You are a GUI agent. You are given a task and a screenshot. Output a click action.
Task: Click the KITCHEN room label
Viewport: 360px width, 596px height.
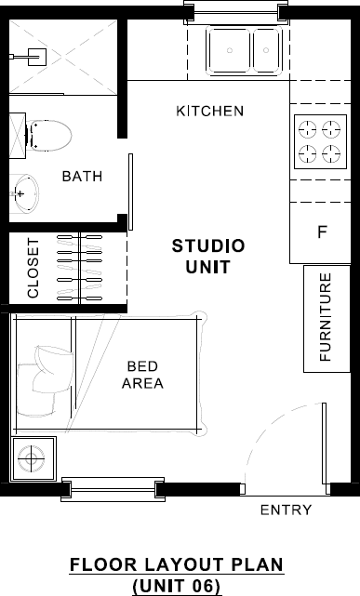tap(209, 112)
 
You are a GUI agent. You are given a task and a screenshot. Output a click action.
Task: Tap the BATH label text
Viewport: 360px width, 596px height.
tap(82, 177)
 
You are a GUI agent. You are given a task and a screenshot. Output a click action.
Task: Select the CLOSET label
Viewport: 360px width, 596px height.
tap(33, 269)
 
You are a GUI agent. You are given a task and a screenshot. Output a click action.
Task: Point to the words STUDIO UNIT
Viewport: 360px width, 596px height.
tap(208, 257)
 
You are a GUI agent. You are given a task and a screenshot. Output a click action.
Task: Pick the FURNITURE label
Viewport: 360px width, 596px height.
tap(326, 317)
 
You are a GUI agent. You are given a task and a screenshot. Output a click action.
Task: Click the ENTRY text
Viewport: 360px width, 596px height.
tap(286, 510)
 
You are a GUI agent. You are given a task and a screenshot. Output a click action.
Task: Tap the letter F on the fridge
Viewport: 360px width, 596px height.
tap(322, 232)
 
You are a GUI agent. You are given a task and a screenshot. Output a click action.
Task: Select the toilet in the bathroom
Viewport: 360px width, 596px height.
tap(48, 135)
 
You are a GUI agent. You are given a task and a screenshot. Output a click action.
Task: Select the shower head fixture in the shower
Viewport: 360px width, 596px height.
tap(35, 55)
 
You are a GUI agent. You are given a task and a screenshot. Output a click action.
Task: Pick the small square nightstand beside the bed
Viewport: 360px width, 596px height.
tap(33, 458)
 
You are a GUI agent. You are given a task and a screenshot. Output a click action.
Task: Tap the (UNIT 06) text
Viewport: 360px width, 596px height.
tap(177, 586)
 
